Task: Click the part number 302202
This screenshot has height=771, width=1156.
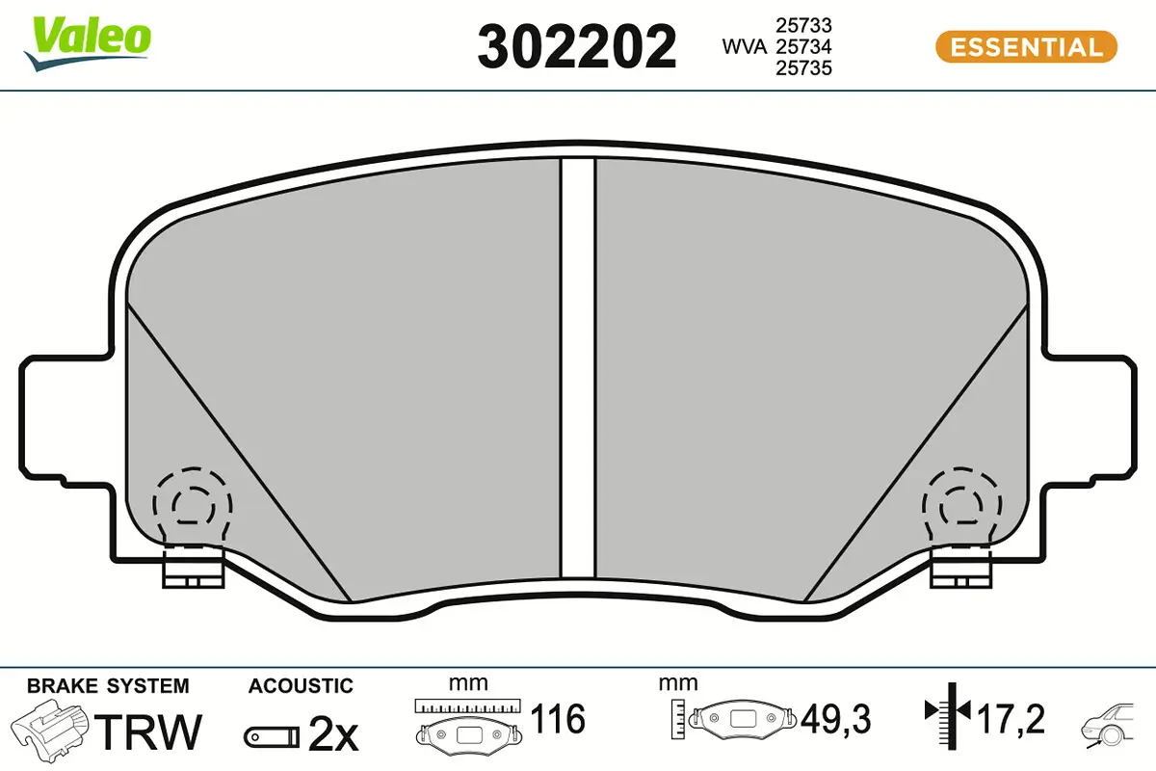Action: point(577,45)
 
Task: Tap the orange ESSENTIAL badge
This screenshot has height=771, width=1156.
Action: point(1025,46)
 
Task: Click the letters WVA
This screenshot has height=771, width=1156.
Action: point(745,46)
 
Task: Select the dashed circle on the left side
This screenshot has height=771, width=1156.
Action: point(192,503)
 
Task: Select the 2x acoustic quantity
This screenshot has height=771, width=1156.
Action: point(332,736)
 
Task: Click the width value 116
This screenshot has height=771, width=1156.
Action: point(558,719)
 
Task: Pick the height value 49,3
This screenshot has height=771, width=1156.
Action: point(835,719)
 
